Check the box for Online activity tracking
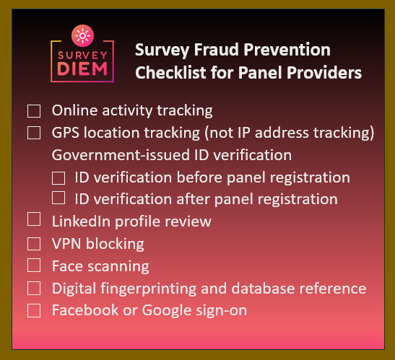pos(34,111)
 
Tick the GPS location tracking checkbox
pos(34,133)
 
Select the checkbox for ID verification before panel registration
pos(59,177)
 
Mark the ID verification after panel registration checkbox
pos(59,198)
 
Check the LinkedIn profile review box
pos(34,219)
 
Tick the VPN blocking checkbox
pos(34,243)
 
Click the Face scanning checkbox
pos(34,265)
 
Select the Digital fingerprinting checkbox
pos(34,288)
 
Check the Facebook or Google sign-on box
pos(34,310)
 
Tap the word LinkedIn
pos(82,221)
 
